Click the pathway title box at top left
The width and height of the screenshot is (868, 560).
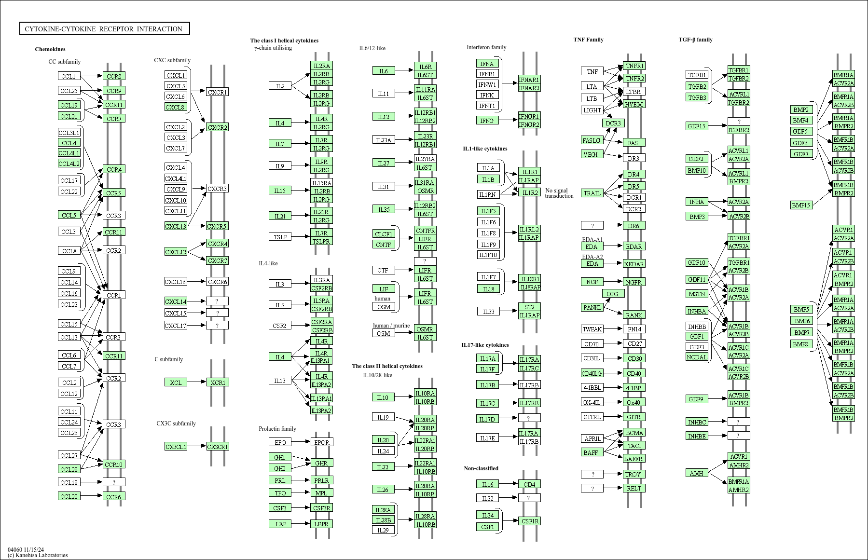pos(104,29)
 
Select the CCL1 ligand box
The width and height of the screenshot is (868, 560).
pos(69,76)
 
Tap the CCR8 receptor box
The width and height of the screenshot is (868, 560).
pos(114,76)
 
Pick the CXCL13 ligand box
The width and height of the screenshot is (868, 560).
pos(176,226)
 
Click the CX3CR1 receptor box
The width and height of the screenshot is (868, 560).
pos(217,447)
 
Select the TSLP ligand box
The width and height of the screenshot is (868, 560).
pos(280,237)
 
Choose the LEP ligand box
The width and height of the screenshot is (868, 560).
pos(280,524)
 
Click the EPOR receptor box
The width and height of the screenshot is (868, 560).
pos(321,442)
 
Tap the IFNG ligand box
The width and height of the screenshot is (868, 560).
pos(487,121)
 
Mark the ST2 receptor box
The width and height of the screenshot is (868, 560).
pos(529,307)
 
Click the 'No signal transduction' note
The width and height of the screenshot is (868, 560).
pos(559,193)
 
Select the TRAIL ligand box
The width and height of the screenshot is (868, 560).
pos(592,193)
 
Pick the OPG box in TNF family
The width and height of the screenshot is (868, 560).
pos(613,294)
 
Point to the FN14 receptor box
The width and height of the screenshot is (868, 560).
pos(634,329)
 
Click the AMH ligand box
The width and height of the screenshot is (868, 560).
pos(696,473)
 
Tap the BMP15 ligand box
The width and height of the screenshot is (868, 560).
pos(801,205)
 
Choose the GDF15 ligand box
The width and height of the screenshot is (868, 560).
pos(696,126)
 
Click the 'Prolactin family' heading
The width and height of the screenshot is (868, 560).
pos(277,429)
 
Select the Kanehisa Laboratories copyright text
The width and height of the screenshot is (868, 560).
pos(38,555)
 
